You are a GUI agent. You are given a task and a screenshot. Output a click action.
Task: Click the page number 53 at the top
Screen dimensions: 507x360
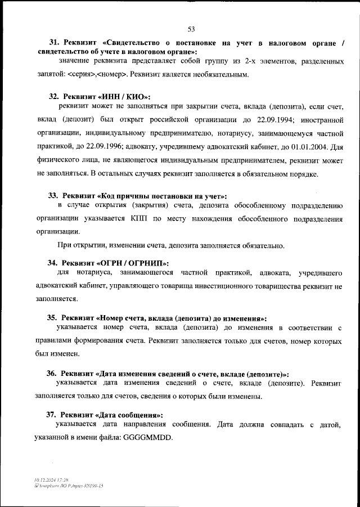tap(191, 29)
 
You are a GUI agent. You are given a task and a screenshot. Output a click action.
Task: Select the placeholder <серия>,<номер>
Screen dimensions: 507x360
tap(98, 74)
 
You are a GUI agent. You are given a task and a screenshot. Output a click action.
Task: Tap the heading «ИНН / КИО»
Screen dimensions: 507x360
tap(124, 96)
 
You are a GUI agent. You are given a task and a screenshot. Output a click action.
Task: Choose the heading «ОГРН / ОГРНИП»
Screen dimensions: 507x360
tap(133, 263)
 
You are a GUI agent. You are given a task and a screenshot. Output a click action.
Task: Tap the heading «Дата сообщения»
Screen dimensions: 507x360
tap(130, 415)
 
